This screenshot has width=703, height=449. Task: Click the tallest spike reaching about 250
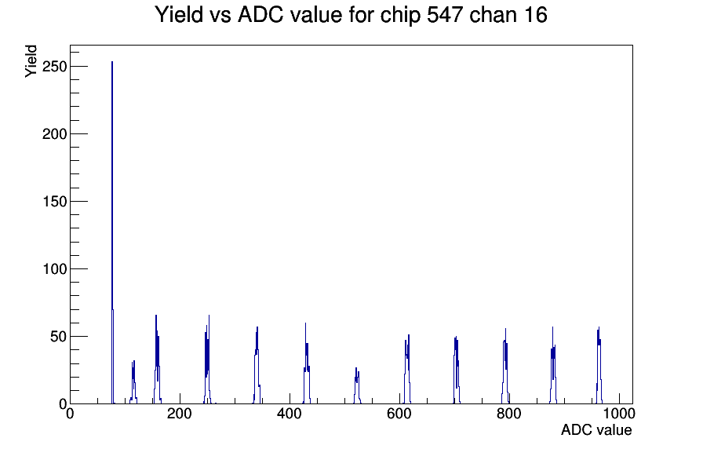click(x=112, y=157)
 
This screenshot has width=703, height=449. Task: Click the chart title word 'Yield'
click(x=180, y=15)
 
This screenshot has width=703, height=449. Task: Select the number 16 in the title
click(x=534, y=15)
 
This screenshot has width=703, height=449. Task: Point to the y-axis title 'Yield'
click(x=31, y=61)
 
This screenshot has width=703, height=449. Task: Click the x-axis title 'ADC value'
click(x=596, y=430)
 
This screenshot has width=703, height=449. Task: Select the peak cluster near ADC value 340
click(x=257, y=361)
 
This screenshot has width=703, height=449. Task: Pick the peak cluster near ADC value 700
click(x=456, y=365)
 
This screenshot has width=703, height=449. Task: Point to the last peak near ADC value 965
click(x=599, y=361)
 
